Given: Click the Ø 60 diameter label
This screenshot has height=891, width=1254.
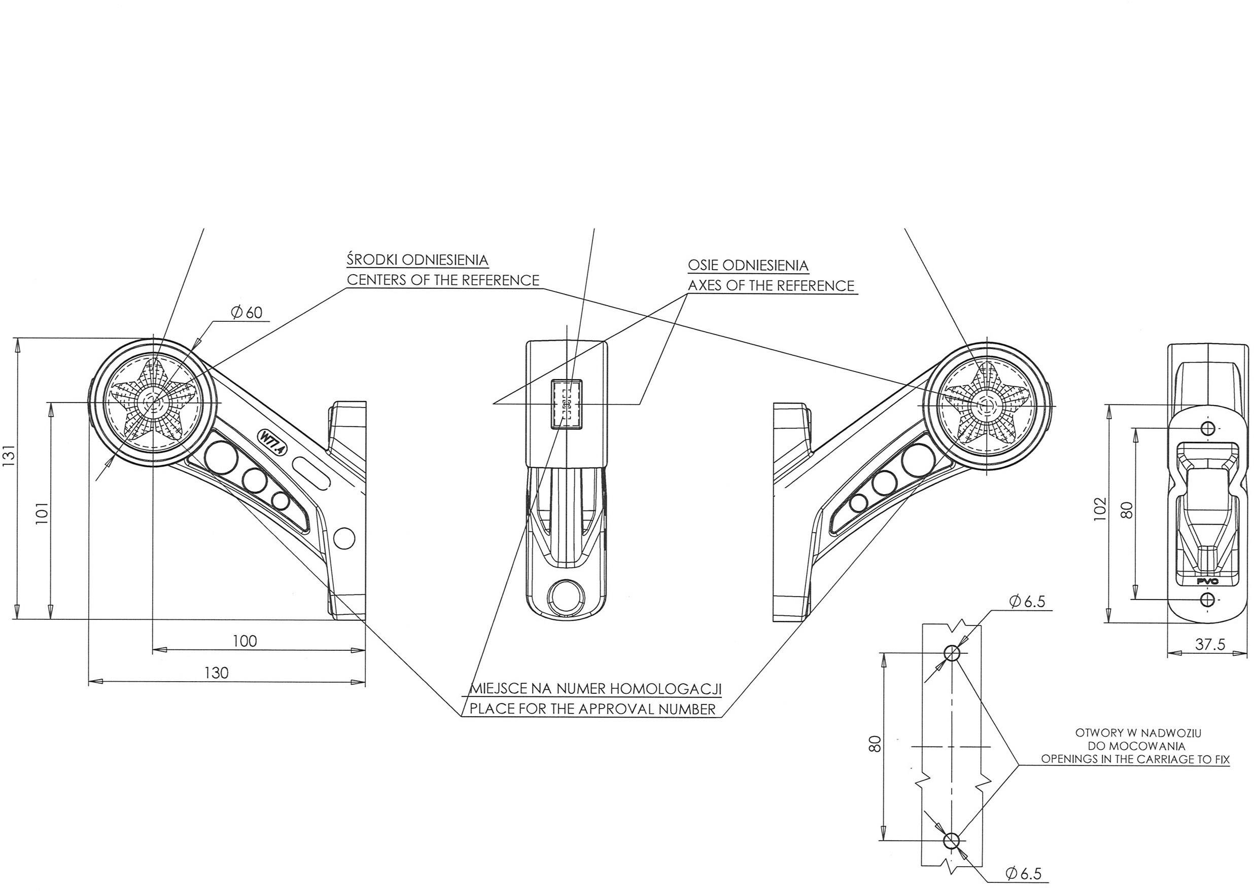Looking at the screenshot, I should [x=247, y=313].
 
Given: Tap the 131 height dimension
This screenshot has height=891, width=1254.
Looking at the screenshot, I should [x=9, y=455].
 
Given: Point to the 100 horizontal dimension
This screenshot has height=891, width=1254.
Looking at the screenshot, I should [x=245, y=641].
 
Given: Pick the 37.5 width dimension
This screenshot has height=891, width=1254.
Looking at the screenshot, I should [x=1210, y=644].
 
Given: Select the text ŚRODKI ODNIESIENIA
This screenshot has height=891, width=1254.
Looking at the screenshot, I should [x=417, y=259].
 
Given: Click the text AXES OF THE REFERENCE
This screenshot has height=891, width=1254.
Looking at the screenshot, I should [x=771, y=286].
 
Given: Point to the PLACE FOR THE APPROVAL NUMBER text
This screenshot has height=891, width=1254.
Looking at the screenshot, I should [x=593, y=709].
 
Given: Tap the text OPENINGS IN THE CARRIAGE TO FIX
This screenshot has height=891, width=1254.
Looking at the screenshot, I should [x=1135, y=759].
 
